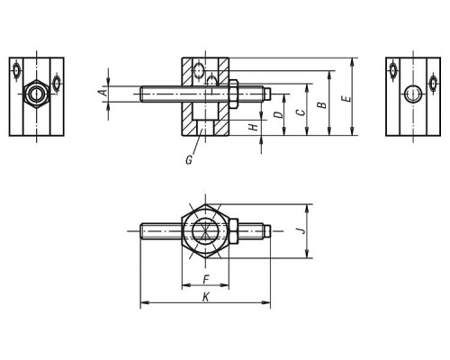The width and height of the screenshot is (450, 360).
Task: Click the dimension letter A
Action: point(103,92)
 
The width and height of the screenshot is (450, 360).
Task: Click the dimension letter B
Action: point(322,105)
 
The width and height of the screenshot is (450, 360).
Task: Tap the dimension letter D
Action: point(279,114)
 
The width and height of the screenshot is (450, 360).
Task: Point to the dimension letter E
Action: point(346,99)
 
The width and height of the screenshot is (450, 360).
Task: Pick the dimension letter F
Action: point(206,280)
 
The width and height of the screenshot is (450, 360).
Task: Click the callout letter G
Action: point(189,160)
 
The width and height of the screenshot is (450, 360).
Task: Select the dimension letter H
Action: point(254,127)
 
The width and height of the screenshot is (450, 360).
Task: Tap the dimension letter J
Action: point(302,230)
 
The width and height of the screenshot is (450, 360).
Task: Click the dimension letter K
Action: point(206,297)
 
